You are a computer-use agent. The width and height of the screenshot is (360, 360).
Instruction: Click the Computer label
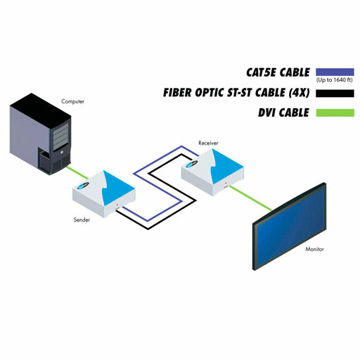[72, 101]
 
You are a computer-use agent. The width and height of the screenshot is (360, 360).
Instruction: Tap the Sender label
[82, 219]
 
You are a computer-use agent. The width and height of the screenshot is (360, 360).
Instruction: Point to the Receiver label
[208, 143]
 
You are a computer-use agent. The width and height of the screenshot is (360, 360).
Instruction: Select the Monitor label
[314, 249]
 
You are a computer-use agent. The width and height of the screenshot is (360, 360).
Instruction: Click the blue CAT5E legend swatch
[335, 72]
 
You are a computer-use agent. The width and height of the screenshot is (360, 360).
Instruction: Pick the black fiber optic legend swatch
[335, 94]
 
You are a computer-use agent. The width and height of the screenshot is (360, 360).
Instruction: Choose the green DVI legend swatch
[335, 112]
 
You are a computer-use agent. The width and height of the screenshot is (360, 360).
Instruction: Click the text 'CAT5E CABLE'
[278, 72]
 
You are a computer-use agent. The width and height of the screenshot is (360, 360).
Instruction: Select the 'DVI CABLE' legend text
[283, 112]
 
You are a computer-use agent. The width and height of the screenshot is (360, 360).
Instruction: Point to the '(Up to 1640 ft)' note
[335, 80]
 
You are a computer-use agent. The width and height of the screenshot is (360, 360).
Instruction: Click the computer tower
[40, 134]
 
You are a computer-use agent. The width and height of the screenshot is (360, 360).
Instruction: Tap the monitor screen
[289, 226]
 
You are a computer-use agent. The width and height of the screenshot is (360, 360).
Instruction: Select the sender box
[104, 194]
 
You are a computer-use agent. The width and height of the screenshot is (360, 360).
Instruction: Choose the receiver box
[212, 172]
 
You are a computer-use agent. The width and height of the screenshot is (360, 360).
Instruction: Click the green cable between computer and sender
[77, 173]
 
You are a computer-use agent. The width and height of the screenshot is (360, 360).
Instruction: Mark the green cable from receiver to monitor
[251, 198]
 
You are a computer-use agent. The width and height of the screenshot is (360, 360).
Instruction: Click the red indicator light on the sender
[117, 205]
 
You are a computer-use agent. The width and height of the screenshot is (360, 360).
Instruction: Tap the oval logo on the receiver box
[192, 165]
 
